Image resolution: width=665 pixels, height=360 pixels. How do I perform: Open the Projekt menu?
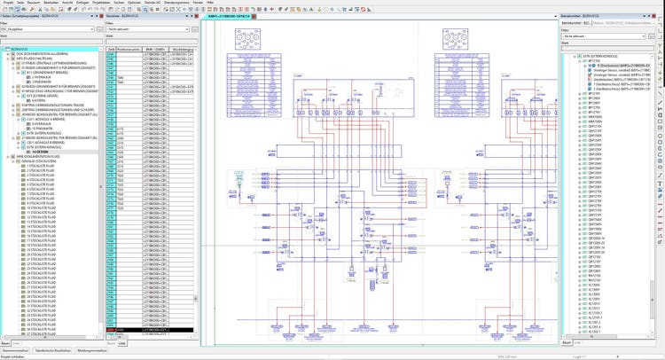click(8, 4)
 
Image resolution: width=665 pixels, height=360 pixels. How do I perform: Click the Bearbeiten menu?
click(51, 4)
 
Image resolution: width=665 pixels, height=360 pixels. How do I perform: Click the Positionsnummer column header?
click(129, 48)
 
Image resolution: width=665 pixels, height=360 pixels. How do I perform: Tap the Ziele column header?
click(111, 48)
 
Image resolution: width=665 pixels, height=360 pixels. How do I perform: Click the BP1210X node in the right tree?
click(591, 61)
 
